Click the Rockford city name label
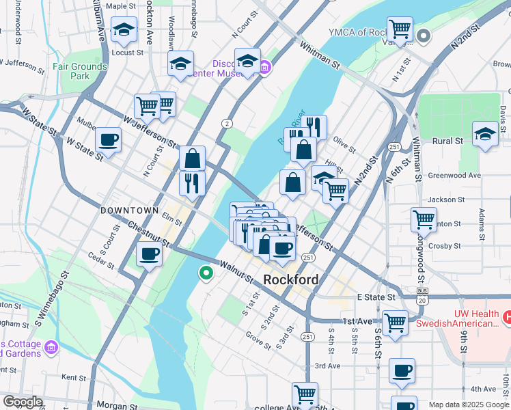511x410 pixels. [x=290, y=279]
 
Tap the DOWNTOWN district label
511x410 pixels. [x=129, y=210]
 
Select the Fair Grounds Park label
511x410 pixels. [x=81, y=72]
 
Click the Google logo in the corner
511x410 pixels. [x=23, y=402]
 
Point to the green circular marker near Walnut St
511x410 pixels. [x=206, y=274]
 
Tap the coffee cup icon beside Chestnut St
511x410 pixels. [x=149, y=254]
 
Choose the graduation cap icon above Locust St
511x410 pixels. [x=124, y=29]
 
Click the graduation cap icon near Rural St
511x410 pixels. [x=485, y=133]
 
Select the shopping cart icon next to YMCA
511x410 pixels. [x=399, y=29]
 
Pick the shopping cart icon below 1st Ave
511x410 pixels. [x=395, y=323]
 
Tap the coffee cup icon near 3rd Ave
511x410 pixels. [x=402, y=371]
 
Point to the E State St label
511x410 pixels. [x=376, y=297]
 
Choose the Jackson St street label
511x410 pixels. [x=445, y=200]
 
